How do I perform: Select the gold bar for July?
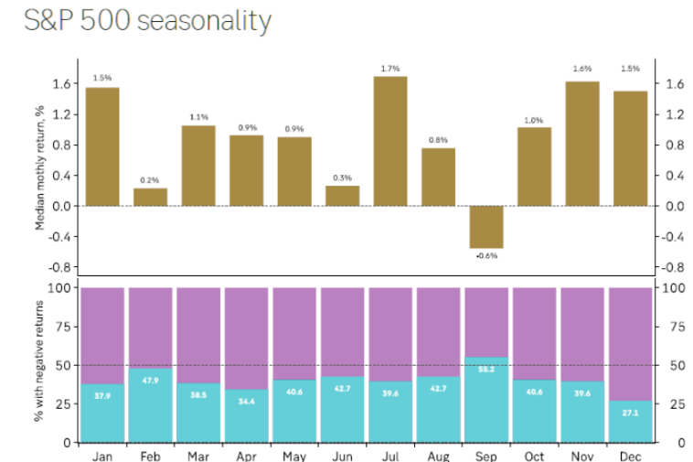(390, 141)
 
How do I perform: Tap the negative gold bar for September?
(486, 227)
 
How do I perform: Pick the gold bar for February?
(150, 197)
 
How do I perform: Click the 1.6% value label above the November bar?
(582, 70)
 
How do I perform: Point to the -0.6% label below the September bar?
(486, 256)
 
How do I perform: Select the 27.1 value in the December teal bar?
(630, 413)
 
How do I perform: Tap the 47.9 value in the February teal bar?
(150, 380)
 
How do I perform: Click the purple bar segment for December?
(630, 343)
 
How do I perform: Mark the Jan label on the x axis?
(102, 455)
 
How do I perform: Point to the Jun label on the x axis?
(342, 455)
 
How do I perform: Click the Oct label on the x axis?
(534, 455)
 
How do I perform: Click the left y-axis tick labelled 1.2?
(61, 114)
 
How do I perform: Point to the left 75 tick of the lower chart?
(64, 327)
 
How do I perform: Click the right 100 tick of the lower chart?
(675, 288)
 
